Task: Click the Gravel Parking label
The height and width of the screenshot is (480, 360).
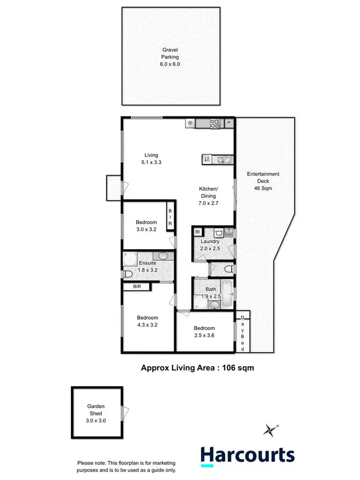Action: pyautogui.click(x=170, y=57)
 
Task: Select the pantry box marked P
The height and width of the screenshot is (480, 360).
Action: pyautogui.click(x=229, y=123)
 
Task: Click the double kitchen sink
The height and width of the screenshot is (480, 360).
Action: pyautogui.click(x=223, y=159)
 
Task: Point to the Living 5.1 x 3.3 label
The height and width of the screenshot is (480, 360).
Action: pyautogui.click(x=152, y=158)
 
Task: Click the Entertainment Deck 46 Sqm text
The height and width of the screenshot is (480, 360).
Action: pyautogui.click(x=263, y=181)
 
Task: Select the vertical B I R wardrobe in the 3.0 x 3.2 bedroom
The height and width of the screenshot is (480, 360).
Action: pyautogui.click(x=169, y=217)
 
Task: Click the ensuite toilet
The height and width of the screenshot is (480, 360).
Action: pyautogui.click(x=128, y=274)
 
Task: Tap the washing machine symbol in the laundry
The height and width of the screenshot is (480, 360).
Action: pyautogui.click(x=219, y=233)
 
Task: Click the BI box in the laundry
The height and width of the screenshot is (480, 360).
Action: pyautogui.click(x=197, y=232)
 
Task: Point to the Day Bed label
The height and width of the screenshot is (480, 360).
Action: pyautogui.click(x=242, y=333)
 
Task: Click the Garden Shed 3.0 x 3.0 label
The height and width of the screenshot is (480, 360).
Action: pyautogui.click(x=96, y=413)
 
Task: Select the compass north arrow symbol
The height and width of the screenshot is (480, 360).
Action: pyautogui.click(x=272, y=429)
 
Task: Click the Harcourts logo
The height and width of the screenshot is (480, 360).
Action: pyautogui.click(x=247, y=455)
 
